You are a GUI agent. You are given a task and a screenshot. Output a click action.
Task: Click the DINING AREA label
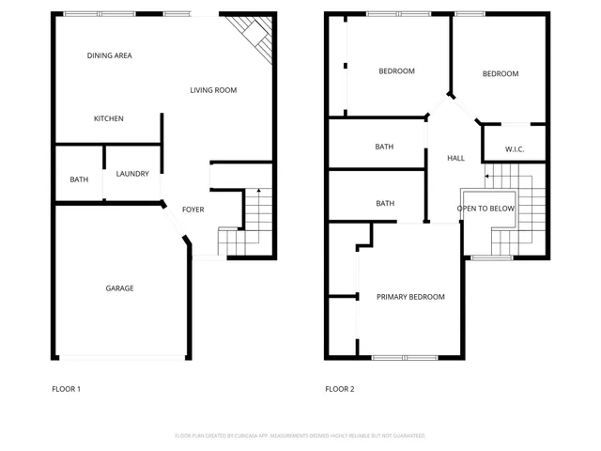109,56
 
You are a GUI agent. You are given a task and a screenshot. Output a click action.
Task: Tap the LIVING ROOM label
213,91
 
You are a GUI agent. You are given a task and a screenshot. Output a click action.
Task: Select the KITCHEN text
108,119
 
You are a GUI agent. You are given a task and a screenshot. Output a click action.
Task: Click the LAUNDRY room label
132,174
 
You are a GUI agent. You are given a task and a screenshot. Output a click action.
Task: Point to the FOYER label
193,210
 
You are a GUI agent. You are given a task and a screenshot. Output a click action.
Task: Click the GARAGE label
119,288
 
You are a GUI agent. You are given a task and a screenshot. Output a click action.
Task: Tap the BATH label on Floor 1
79,179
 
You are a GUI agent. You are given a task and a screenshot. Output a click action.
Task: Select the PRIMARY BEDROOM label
410,297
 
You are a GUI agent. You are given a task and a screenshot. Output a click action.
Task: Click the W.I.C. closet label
514,149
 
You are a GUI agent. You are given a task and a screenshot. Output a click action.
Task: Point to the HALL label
455,159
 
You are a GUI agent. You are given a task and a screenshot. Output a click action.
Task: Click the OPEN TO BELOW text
485,209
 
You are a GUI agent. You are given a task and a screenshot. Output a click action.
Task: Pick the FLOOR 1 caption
66,389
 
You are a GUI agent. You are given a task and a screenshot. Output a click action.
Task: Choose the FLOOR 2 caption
340,389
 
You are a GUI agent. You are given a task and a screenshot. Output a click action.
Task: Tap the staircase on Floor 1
251,221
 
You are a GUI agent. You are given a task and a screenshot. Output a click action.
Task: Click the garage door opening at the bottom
121,357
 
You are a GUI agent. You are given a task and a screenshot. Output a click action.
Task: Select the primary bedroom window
404,357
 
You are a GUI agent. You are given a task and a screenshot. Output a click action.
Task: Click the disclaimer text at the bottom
300,436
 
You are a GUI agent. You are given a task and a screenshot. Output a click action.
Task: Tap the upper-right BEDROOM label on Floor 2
500,74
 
